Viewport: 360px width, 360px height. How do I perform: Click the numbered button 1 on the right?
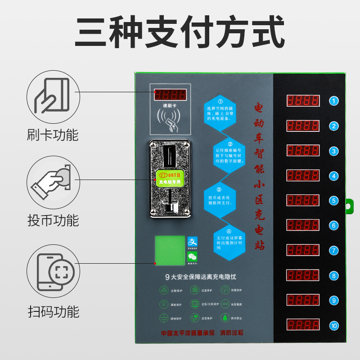click(333, 101)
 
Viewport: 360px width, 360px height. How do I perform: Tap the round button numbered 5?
click(333, 201)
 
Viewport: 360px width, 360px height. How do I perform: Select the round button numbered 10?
click(333, 325)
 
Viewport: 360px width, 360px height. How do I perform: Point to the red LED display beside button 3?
click(303, 151)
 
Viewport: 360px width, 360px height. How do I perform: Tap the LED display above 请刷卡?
click(170, 95)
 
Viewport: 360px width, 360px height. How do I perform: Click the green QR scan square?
click(170, 250)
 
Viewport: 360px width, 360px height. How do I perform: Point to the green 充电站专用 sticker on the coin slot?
click(170, 178)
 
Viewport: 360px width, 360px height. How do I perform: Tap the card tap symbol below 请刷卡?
click(170, 118)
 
